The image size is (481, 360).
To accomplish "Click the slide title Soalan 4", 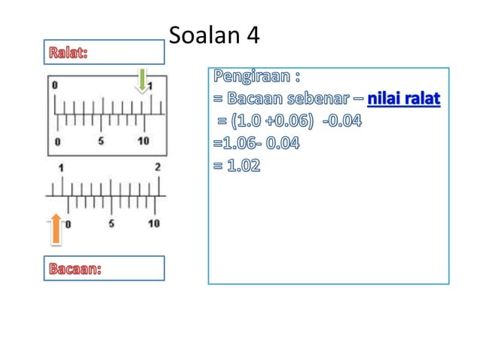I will coord(215,36).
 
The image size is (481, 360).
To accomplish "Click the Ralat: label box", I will coord(103,53).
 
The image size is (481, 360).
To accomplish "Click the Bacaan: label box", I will coord(103,268).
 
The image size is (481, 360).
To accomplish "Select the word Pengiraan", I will coord(253,77).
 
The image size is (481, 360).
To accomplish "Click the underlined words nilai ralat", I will coord(403,99).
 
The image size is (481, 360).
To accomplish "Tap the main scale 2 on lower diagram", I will coord(158,167).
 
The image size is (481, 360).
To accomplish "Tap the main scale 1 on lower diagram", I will coord(61,167).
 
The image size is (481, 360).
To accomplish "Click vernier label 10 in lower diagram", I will coord(154,223).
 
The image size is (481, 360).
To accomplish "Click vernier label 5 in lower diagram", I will coord(112,223).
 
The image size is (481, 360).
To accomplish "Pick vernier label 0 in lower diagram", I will coord(69,224).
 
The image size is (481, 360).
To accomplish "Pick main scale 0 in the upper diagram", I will coord(54,85).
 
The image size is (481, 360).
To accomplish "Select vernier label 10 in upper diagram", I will coord(142,141).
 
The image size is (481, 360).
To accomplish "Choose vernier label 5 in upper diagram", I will coord(100,141).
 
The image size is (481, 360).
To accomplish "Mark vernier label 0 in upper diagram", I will coord(57,141).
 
